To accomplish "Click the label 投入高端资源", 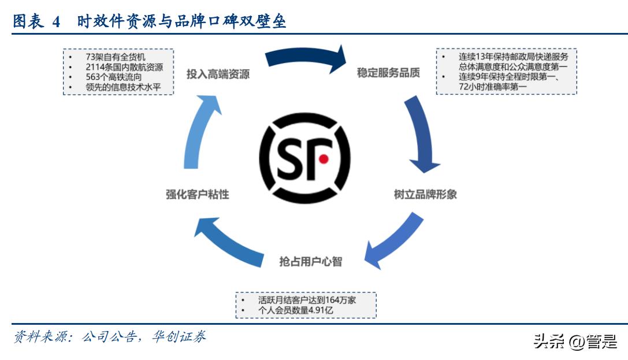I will pyautogui.click(x=218, y=75).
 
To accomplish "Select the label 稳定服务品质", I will pyautogui.click(x=388, y=73).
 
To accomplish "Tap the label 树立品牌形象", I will pyautogui.click(x=425, y=194).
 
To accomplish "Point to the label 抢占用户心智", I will pyautogui.click(x=310, y=261).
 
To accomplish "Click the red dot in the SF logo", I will pyautogui.click(x=324, y=158).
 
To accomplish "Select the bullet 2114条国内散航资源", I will pyautogui.click(x=124, y=67).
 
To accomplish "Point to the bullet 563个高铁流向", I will pyautogui.click(x=113, y=77).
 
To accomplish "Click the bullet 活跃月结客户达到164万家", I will pyautogui.click(x=307, y=300).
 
